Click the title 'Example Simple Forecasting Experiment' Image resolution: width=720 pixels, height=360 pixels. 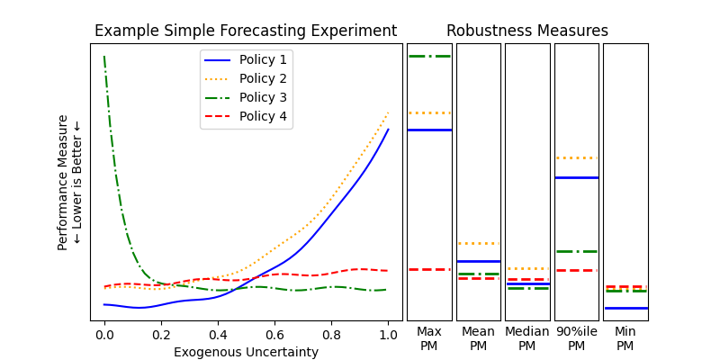click(246, 31)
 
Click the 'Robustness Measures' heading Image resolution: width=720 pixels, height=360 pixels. click(527, 31)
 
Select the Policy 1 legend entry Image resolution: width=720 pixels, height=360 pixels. click(263, 59)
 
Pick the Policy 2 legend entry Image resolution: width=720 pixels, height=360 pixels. click(263, 78)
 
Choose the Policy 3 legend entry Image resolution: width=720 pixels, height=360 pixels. click(263, 97)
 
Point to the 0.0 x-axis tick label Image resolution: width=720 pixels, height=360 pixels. click(104, 335)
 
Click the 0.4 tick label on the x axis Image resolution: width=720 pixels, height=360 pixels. click(218, 335)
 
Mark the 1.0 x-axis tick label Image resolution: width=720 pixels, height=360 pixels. click(388, 335)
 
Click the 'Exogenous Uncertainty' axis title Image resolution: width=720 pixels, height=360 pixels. click(246, 352)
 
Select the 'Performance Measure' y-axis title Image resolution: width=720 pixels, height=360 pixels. click(63, 182)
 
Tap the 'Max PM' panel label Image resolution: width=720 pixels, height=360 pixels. click(429, 338)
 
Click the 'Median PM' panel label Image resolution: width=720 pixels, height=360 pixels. click(527, 338)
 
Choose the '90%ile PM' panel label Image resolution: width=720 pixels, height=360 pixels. click(576, 338)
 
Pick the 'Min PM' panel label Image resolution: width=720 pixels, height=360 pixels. click(625, 338)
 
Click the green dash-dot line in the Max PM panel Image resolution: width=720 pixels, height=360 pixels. click(429, 56)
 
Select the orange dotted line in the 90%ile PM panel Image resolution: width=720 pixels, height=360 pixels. click(576, 157)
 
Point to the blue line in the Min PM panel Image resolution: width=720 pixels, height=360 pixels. click(625, 308)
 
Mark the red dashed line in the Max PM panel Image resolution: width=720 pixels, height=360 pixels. click(429, 269)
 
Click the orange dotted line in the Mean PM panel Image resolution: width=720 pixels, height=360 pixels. click(478, 243)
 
